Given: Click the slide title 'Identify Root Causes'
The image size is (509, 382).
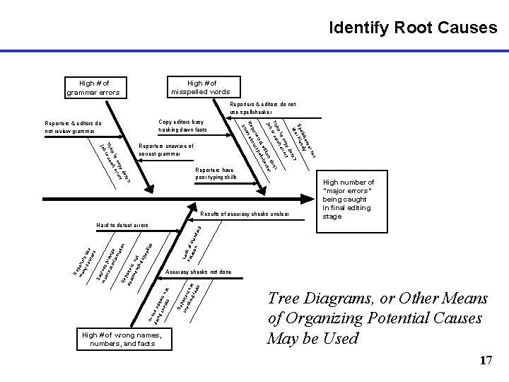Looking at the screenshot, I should pyautogui.click(x=413, y=28).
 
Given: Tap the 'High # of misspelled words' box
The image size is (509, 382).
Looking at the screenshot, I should pyautogui.click(x=199, y=87).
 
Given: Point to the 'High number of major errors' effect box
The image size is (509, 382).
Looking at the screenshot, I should pyautogui.click(x=348, y=199).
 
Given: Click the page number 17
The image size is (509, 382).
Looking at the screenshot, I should pyautogui.click(x=486, y=361).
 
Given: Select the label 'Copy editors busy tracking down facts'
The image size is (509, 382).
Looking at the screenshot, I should pyautogui.click(x=182, y=126).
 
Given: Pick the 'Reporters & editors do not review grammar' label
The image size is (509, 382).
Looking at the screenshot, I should pyautogui.click(x=73, y=127).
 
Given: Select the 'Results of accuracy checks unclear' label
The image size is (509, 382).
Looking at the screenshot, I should pyautogui.click(x=245, y=213).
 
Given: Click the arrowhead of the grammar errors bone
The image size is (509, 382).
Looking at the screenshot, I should pyautogui.click(x=148, y=189).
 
